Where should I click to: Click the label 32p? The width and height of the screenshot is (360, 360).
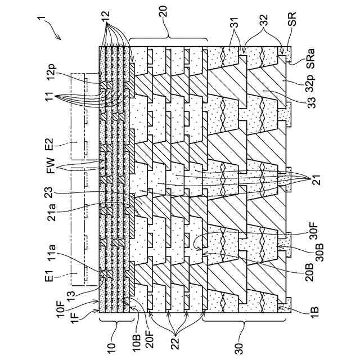309,85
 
